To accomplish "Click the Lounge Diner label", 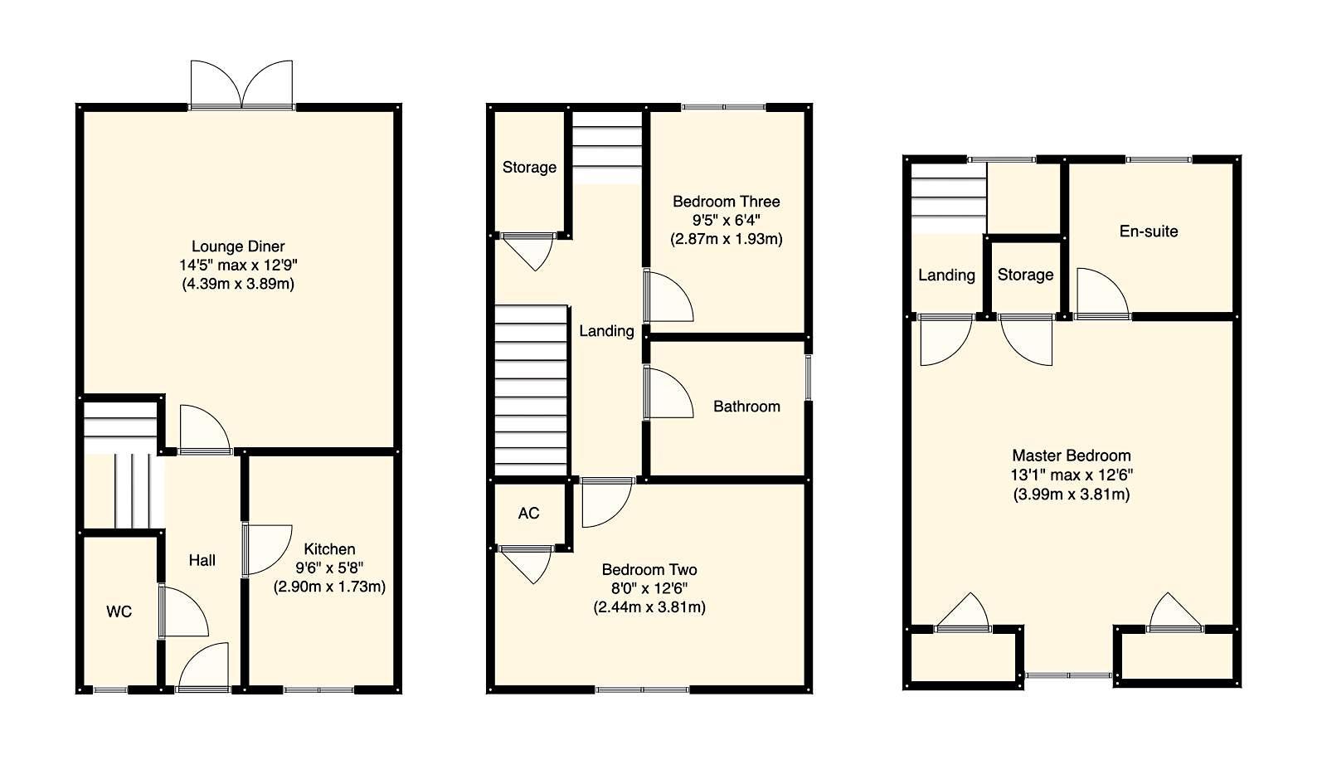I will click(238, 246).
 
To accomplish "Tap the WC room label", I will click(119, 612).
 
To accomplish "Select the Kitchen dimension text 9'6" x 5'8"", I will click(329, 568).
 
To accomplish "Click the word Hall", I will click(202, 561).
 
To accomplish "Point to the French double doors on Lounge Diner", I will click(241, 85).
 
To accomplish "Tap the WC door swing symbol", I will click(181, 612).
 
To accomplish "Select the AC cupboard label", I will click(528, 514).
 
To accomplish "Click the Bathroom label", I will click(746, 407).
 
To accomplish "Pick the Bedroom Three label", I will click(726, 202).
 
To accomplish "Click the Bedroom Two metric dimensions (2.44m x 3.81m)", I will click(649, 607).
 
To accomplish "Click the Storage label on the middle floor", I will click(529, 168).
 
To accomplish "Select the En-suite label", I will click(1148, 231).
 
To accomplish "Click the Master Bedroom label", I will click(1071, 456).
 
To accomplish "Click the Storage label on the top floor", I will click(1025, 275).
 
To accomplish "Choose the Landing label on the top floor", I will click(946, 275).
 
